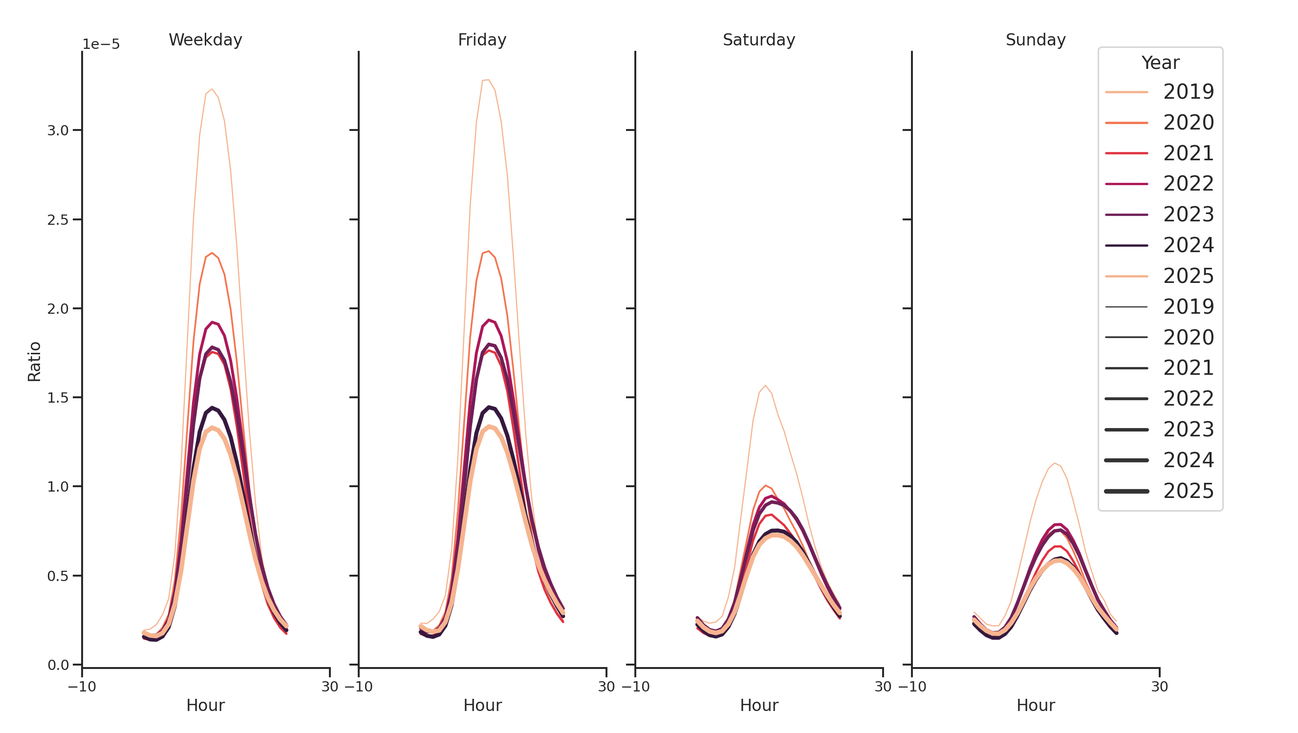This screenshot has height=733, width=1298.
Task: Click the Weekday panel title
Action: click(205, 40)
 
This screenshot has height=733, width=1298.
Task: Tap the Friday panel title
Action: click(482, 40)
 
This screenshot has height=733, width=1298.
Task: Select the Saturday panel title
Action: click(758, 40)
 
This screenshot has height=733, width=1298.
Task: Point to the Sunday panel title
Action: click(1035, 40)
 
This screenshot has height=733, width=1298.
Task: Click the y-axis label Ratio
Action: click(34, 361)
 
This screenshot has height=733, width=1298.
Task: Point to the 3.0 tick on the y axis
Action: click(58, 130)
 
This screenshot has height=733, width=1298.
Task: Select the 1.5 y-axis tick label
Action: click(58, 398)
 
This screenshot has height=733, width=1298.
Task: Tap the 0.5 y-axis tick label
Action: click(58, 576)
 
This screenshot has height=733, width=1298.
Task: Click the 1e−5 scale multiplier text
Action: click(101, 44)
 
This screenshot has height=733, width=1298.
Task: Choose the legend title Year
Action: click(1160, 63)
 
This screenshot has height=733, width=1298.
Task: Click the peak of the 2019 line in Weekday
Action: click(212, 89)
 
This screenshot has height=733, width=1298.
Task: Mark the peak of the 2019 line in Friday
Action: click(488, 80)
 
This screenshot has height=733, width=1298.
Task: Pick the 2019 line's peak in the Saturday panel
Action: click(765, 386)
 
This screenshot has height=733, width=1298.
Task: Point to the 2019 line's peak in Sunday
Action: click(1054, 463)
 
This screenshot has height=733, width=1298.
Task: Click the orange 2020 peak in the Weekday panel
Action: click(212, 253)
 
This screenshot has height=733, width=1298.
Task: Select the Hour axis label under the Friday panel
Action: click(482, 705)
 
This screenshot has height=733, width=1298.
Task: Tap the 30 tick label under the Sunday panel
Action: click(1159, 687)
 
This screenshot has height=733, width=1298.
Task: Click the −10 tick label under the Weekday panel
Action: click(82, 687)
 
